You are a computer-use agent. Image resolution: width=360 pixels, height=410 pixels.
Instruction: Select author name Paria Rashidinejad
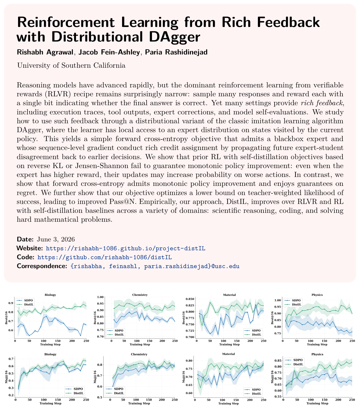[x=176, y=52]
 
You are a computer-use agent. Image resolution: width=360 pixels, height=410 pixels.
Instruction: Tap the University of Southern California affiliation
[x=71, y=65]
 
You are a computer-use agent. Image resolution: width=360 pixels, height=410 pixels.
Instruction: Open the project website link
[x=126, y=248]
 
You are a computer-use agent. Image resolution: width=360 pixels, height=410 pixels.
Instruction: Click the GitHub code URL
[x=105, y=257]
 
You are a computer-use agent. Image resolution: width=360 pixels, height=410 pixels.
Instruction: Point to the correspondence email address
[x=155, y=266]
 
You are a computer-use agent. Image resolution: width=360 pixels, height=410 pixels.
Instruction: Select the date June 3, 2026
[x=56, y=239]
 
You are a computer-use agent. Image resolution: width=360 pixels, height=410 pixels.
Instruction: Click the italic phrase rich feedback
[x=321, y=103]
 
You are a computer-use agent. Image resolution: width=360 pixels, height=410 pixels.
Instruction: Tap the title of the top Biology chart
[x=50, y=295]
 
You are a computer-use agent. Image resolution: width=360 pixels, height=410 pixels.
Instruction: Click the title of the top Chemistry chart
[x=140, y=295]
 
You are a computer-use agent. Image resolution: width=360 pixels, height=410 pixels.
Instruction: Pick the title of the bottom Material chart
[x=229, y=354]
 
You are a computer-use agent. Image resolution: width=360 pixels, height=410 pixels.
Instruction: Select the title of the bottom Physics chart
[x=317, y=354]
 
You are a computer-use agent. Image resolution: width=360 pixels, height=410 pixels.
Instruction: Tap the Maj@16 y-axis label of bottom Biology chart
[x=6, y=377]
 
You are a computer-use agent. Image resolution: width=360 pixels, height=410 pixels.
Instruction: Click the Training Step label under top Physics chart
[x=317, y=344]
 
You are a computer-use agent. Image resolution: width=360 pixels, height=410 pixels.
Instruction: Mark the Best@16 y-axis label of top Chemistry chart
[x=95, y=318]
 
